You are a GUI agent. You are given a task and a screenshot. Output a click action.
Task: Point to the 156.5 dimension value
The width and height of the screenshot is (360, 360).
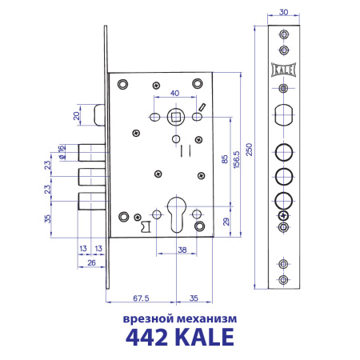point(238,156)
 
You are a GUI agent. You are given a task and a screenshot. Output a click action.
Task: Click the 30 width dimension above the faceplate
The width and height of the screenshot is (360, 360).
point(285,13)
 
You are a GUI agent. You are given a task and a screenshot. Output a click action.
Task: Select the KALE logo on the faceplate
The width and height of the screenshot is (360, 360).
point(285,69)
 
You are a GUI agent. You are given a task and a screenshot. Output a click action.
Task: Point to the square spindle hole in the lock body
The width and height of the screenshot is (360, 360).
point(174,118)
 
